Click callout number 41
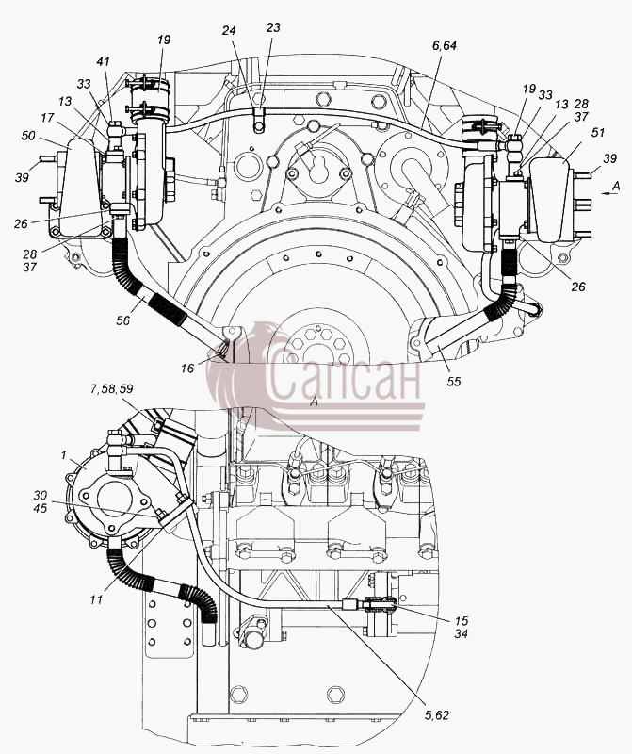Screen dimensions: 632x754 (103, 61)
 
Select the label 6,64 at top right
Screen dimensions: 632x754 (444, 45)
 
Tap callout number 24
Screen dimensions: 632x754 (229, 30)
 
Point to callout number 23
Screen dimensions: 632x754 (273, 28)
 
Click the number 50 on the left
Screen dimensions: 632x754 (28, 136)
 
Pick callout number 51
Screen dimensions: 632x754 (597, 132)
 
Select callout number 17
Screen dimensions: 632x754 (46, 118)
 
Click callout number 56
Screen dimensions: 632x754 (123, 320)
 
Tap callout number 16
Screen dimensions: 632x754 (187, 369)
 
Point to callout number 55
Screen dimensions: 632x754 (453, 382)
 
